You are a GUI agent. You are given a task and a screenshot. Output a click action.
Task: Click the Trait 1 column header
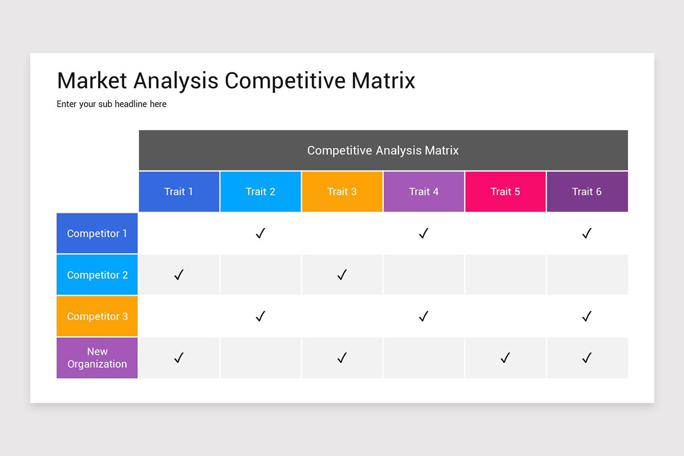click(x=178, y=192)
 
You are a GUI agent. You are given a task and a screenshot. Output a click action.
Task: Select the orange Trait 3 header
click(x=341, y=192)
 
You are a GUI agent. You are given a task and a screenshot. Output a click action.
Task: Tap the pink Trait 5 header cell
click(x=505, y=192)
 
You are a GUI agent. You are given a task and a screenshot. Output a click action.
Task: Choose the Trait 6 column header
click(x=587, y=192)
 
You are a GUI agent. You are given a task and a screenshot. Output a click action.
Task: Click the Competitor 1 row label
click(x=97, y=233)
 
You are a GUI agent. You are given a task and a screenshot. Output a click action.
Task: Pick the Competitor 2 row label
click(x=97, y=275)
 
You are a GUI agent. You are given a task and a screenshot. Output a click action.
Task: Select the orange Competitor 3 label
click(x=97, y=316)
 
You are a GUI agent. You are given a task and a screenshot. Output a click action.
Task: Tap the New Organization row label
click(x=97, y=358)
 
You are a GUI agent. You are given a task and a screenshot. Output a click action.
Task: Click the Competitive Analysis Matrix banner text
click(x=383, y=150)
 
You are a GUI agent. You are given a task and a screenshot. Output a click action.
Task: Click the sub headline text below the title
click(x=112, y=104)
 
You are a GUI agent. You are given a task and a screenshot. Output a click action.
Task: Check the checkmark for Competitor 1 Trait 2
click(x=260, y=233)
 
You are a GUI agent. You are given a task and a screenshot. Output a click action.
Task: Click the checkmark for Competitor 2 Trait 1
click(x=178, y=275)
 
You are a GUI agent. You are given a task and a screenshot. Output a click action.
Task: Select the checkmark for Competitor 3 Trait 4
click(x=424, y=316)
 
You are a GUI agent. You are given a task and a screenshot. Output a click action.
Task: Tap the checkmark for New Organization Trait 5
click(x=505, y=358)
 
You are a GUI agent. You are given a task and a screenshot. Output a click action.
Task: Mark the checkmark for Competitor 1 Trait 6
click(x=587, y=233)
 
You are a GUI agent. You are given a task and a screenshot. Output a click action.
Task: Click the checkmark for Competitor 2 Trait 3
click(x=342, y=275)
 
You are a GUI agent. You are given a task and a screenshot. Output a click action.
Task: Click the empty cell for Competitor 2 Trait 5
click(x=505, y=275)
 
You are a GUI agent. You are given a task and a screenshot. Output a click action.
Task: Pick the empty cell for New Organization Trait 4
click(x=424, y=358)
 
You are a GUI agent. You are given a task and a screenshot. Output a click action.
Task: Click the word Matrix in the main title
click(x=383, y=80)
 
